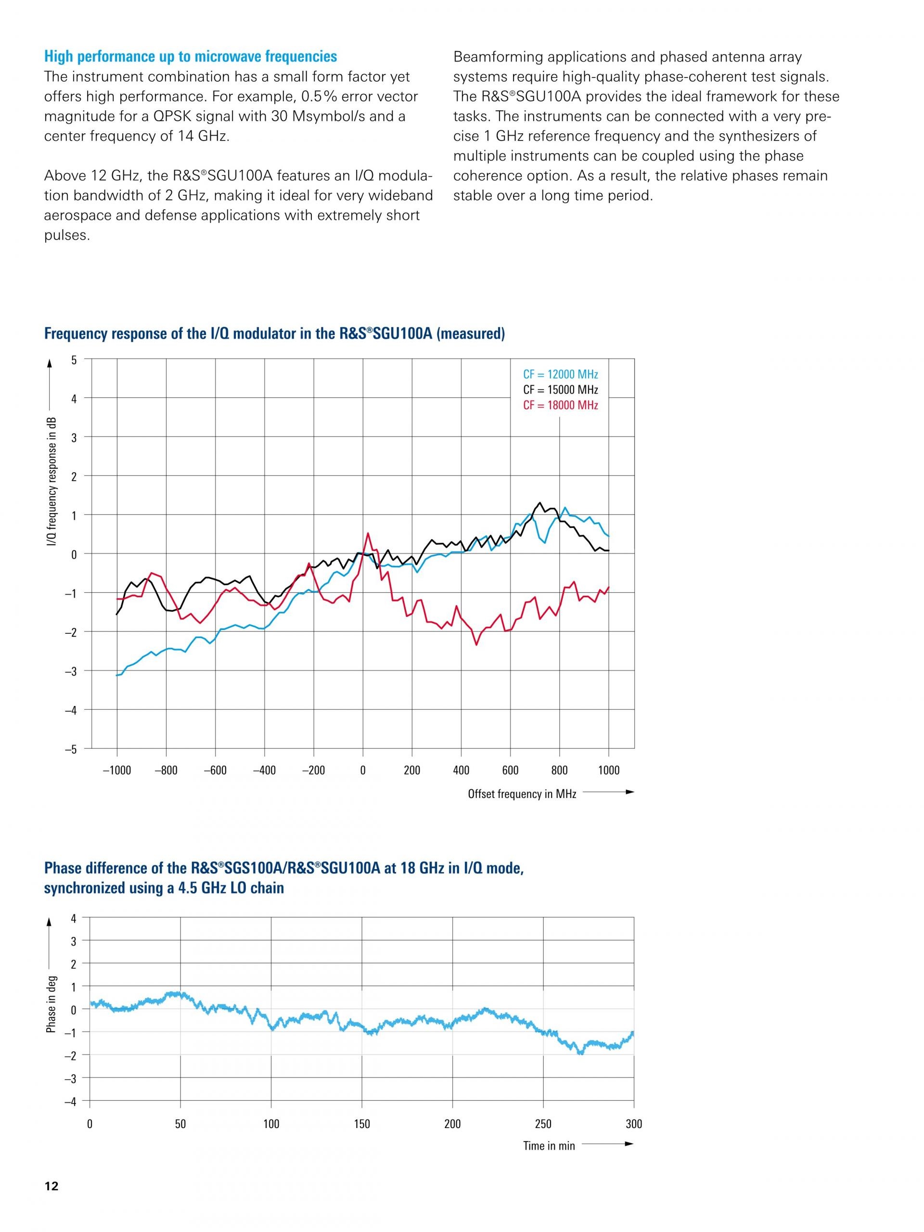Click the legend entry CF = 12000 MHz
click(x=560, y=374)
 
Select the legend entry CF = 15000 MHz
click(x=560, y=389)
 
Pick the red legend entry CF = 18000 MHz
click(x=560, y=405)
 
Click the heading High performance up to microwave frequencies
click(x=191, y=57)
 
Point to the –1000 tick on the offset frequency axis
click(x=116, y=770)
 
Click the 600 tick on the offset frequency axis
click(x=510, y=770)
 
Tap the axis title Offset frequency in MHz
click(x=522, y=794)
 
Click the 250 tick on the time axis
click(x=543, y=1124)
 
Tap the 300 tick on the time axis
click(x=634, y=1124)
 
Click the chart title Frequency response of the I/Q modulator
click(x=274, y=334)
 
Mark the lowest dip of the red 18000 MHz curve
click(x=476, y=645)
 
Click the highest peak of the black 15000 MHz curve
click(x=539, y=502)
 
